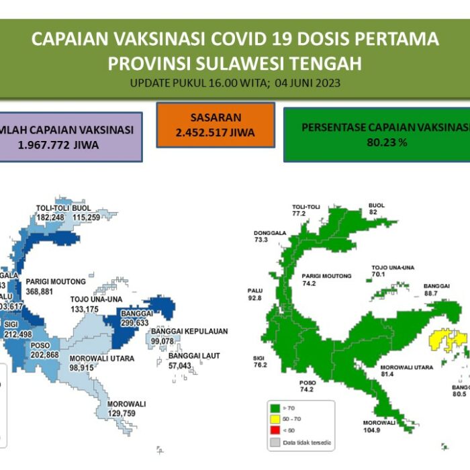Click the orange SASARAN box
pos(216,124)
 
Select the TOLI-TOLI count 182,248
pos(50,218)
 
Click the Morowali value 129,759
pos(126,414)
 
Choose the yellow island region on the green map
pos(446,340)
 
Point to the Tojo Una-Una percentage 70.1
pos(380,275)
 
